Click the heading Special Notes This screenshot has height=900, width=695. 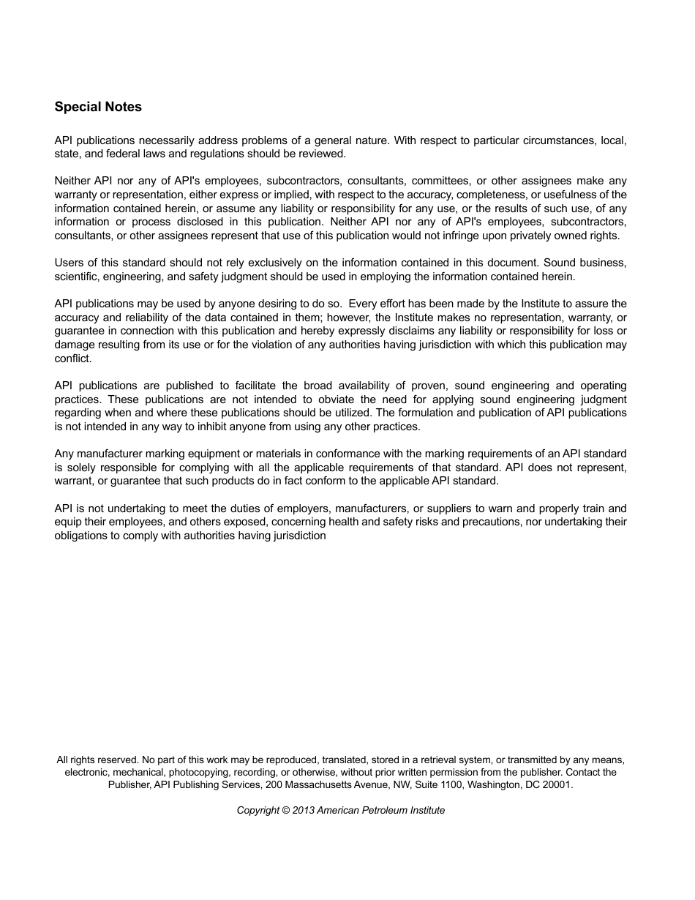98,107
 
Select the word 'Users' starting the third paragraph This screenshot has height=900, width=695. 69,263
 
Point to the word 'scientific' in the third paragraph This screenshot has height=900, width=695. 77,277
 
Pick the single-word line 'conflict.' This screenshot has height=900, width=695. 73,359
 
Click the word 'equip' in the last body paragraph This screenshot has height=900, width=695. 67,522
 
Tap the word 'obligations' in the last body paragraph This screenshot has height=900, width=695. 81,536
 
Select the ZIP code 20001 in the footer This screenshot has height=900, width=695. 558,785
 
